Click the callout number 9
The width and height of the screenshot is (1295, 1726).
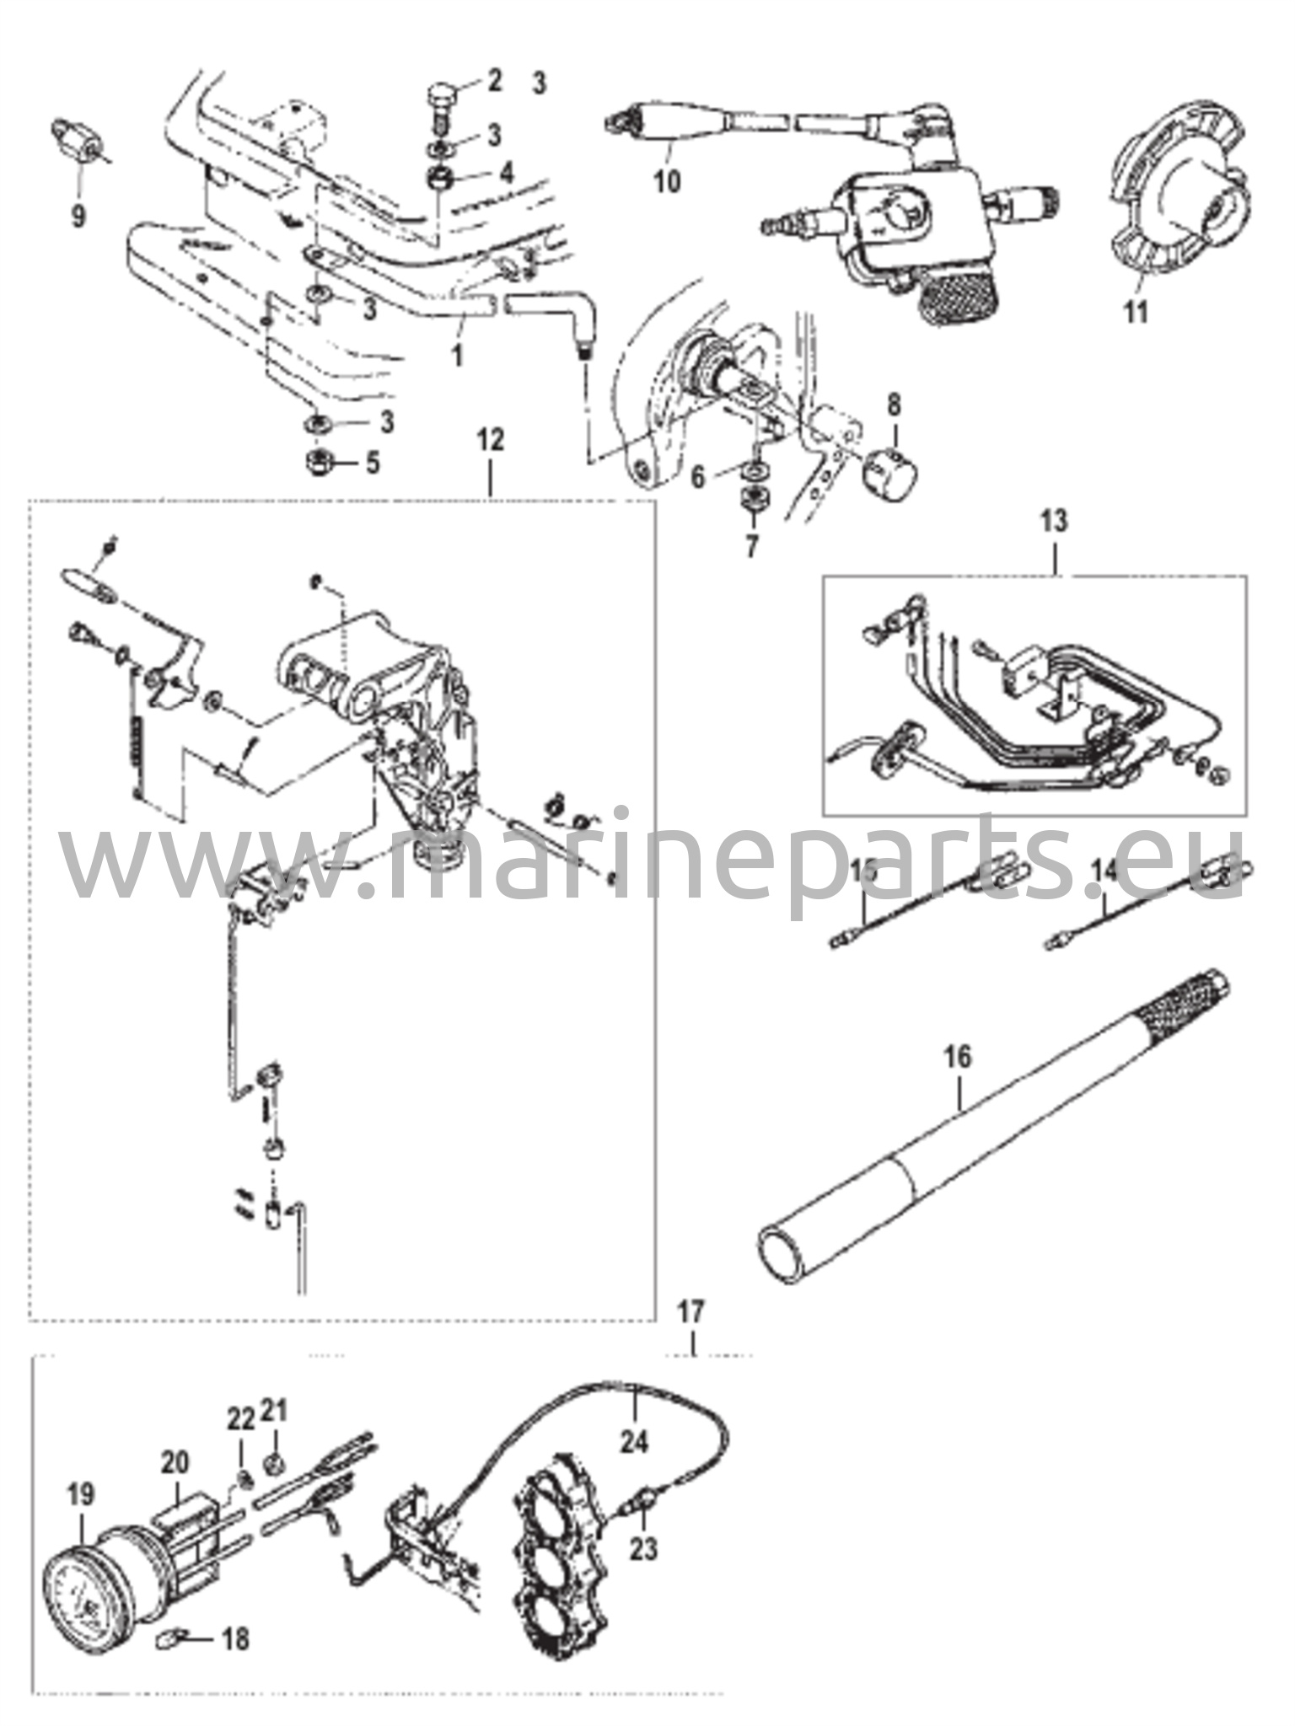(x=78, y=217)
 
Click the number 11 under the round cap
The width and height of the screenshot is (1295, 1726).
(x=1136, y=313)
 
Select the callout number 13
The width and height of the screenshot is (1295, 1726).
(x=1055, y=520)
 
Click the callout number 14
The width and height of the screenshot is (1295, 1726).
(x=1106, y=871)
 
